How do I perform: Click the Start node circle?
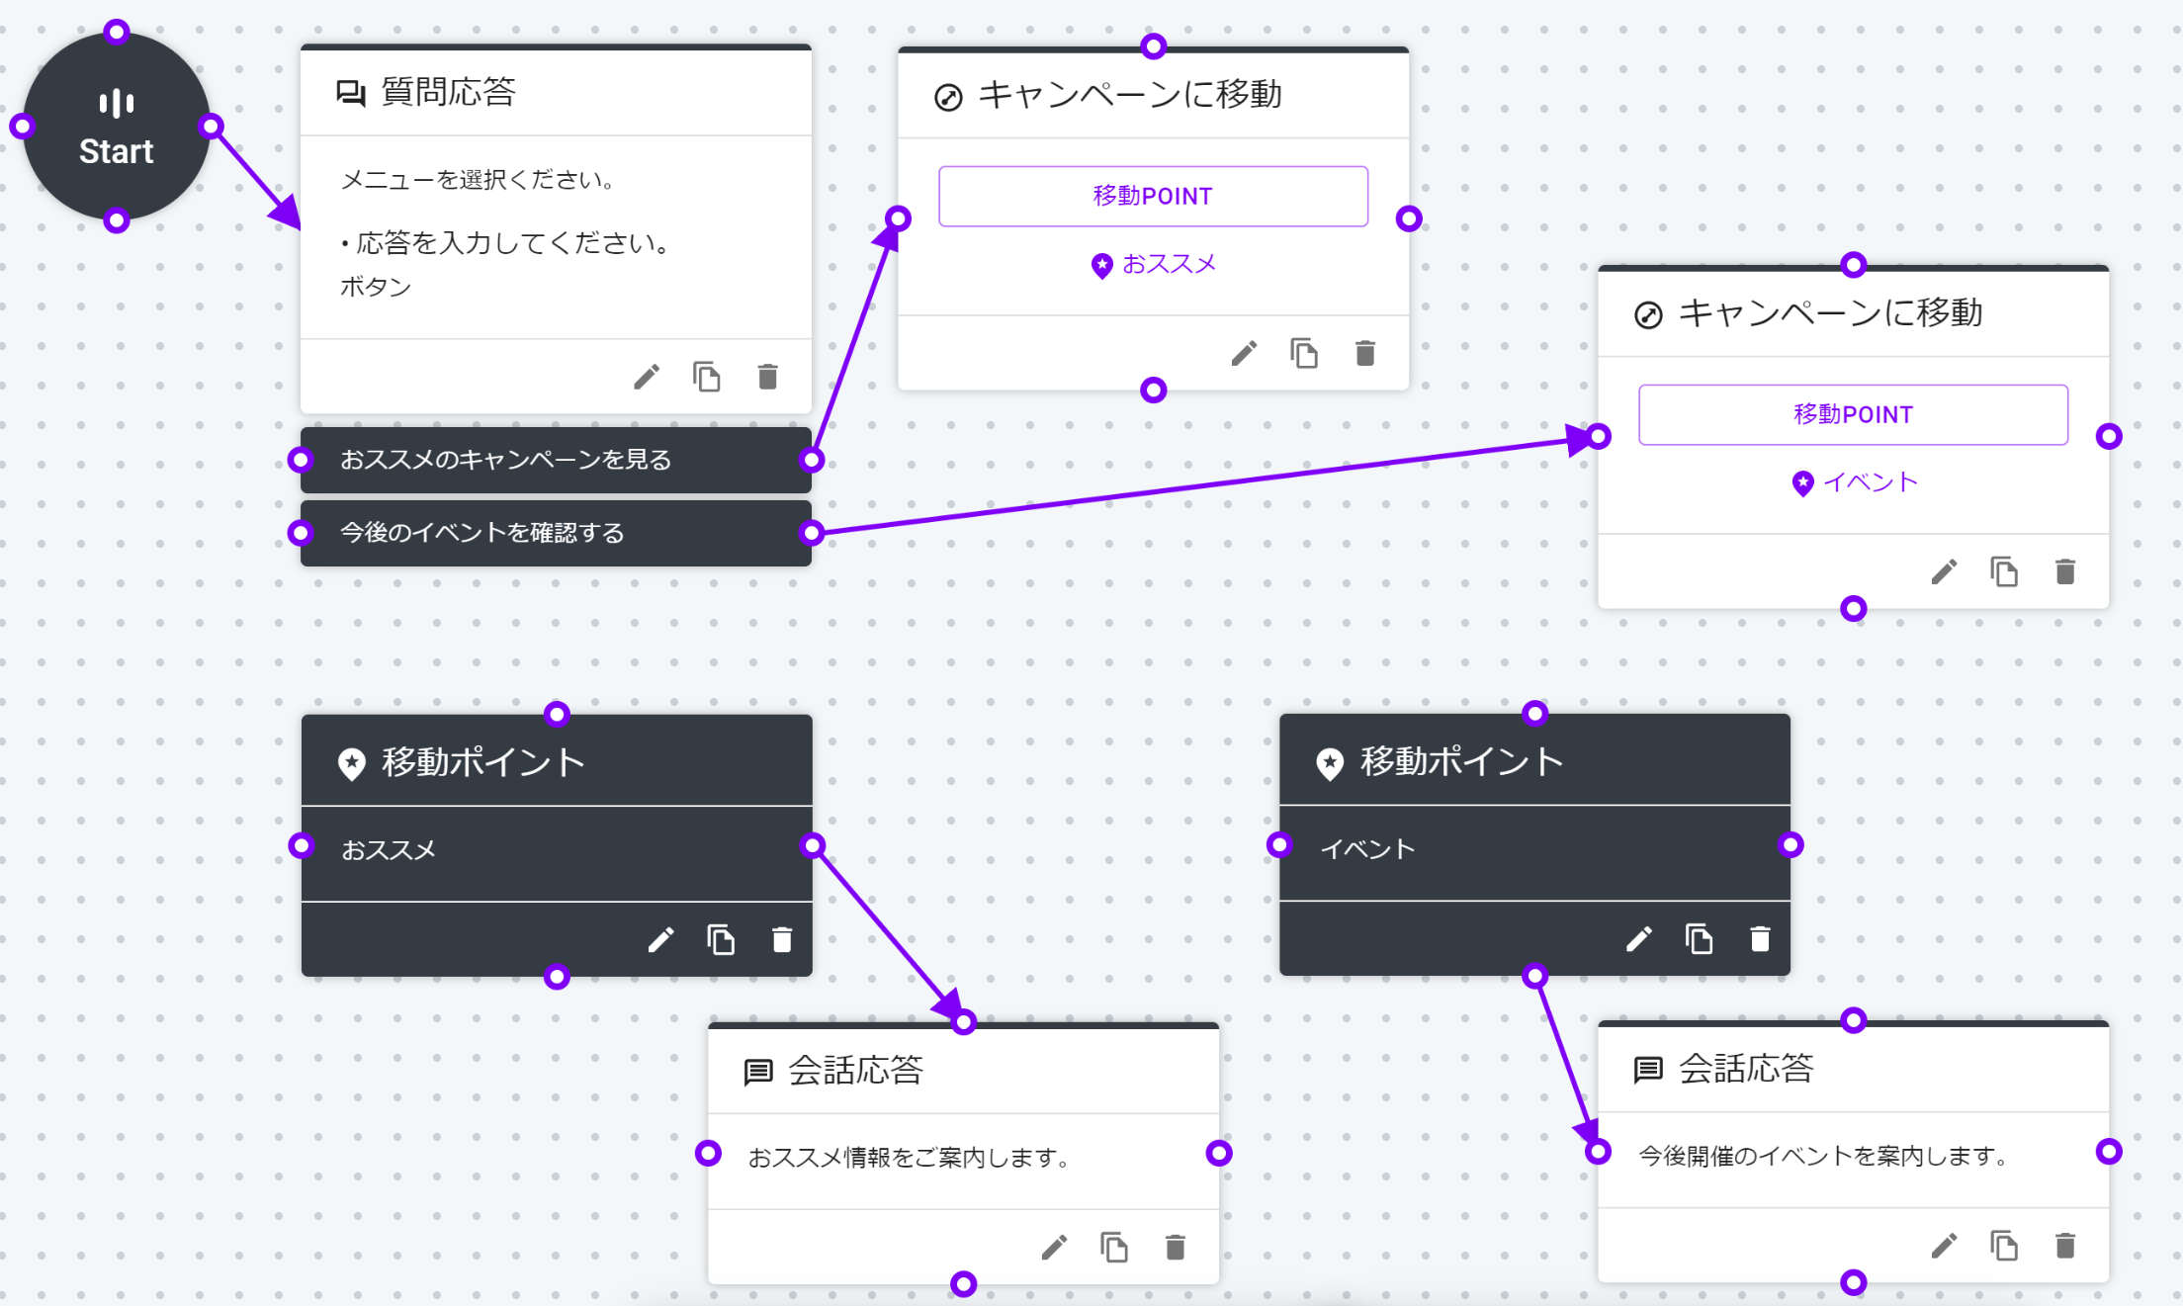(x=117, y=127)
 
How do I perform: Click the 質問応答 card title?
(x=448, y=92)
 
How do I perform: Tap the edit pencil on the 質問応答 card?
(x=647, y=377)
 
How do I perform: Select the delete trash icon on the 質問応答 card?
(x=768, y=377)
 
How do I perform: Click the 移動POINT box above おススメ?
(x=1153, y=196)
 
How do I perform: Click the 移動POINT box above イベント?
(x=1853, y=414)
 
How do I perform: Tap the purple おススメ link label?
(x=1169, y=264)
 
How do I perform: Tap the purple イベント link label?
(x=1870, y=482)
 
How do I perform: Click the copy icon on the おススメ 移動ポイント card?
(x=722, y=939)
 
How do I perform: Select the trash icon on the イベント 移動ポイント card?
(x=1760, y=938)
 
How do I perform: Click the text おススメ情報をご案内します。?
(x=910, y=1157)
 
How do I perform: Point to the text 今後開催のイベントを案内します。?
(x=1823, y=1155)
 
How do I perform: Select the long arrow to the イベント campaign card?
(x=1205, y=484)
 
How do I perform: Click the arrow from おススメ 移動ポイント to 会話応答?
(x=888, y=932)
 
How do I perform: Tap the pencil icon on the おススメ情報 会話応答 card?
(x=1054, y=1248)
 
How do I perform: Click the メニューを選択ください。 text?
(x=479, y=180)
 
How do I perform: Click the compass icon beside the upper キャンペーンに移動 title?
(x=948, y=98)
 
